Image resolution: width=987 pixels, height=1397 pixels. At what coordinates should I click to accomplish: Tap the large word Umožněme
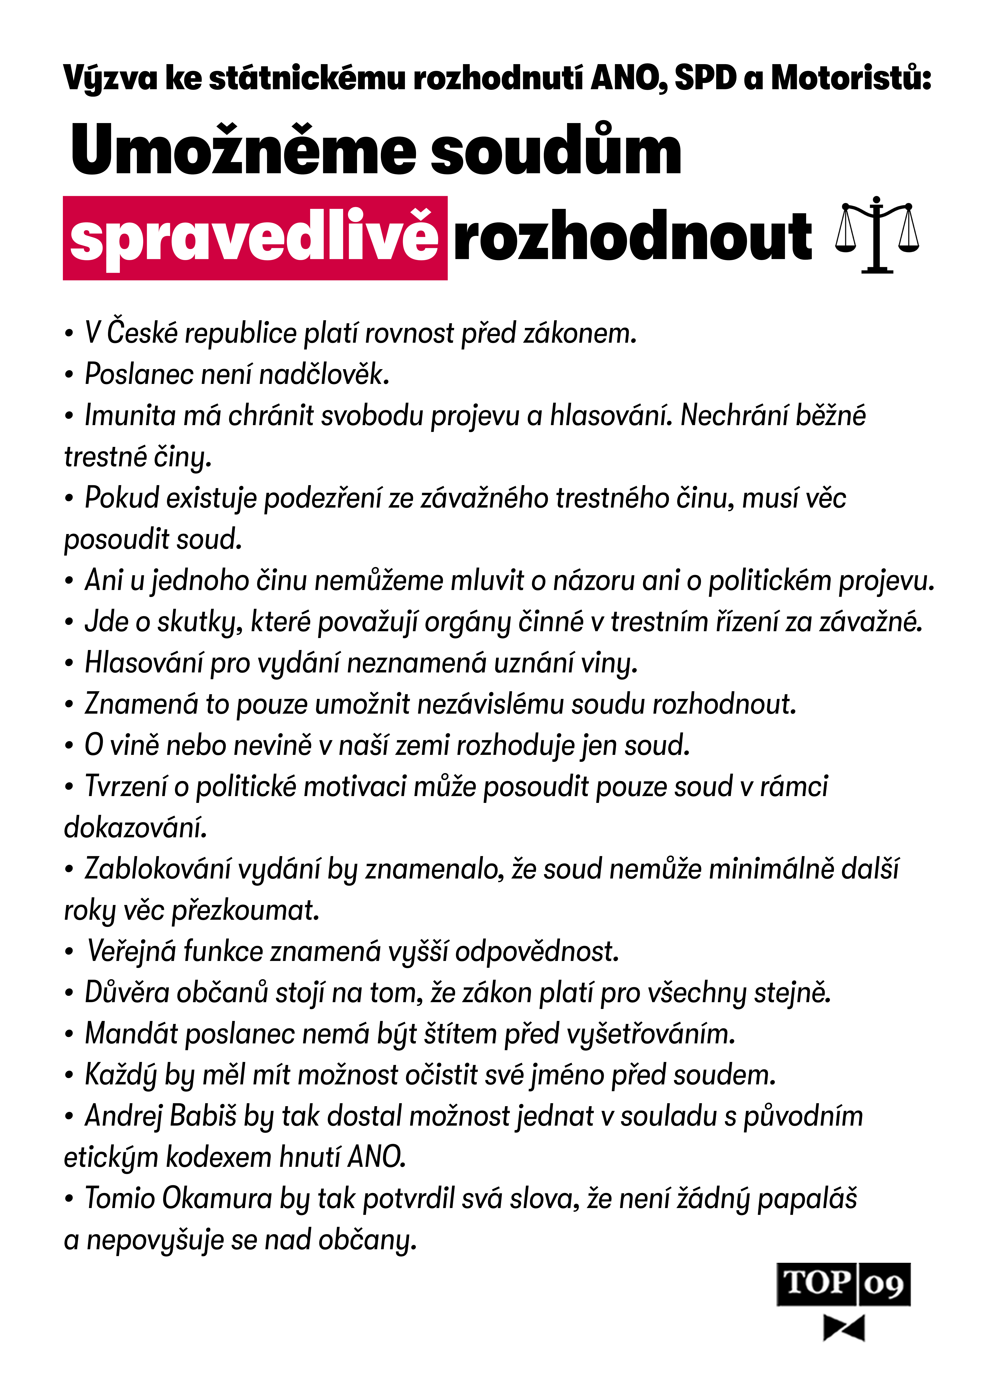(x=243, y=150)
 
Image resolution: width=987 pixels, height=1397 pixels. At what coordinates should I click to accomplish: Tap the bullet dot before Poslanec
(x=69, y=375)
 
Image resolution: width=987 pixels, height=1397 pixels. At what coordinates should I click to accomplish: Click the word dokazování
(x=135, y=828)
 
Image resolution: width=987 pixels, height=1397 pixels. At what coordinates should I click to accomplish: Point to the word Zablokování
(x=158, y=869)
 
